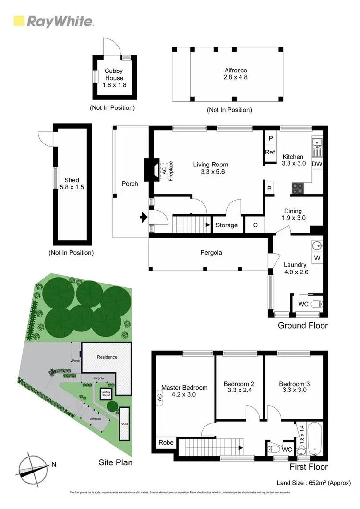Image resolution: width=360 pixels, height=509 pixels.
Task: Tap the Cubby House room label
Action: [x=114, y=78]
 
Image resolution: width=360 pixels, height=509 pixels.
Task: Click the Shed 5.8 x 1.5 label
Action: [x=72, y=184]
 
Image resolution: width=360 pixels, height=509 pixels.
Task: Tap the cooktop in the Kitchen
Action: [x=298, y=188]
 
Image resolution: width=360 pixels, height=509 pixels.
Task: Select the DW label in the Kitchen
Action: [x=317, y=164]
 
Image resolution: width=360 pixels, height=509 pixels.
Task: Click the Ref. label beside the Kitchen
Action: [x=270, y=153]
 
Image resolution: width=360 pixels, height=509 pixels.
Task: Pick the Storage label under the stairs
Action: [x=227, y=225]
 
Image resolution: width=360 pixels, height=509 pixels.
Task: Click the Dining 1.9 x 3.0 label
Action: [x=293, y=214]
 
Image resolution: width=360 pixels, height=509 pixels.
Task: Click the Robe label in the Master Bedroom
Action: [x=166, y=442]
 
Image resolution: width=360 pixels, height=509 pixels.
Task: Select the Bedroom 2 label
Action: [x=238, y=387]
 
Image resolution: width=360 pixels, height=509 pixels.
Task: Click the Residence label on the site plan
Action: [x=107, y=357]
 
